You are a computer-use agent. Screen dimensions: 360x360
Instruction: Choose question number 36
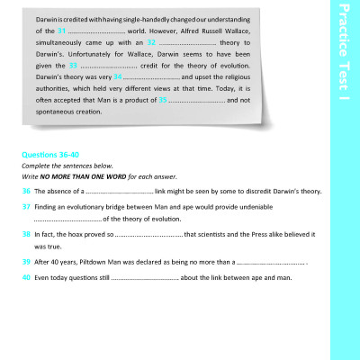pos(27,191)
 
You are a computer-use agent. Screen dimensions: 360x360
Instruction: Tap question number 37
pos(27,206)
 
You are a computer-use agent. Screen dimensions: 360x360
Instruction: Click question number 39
pos(27,262)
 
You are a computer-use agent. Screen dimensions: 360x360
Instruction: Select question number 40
pos(27,277)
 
